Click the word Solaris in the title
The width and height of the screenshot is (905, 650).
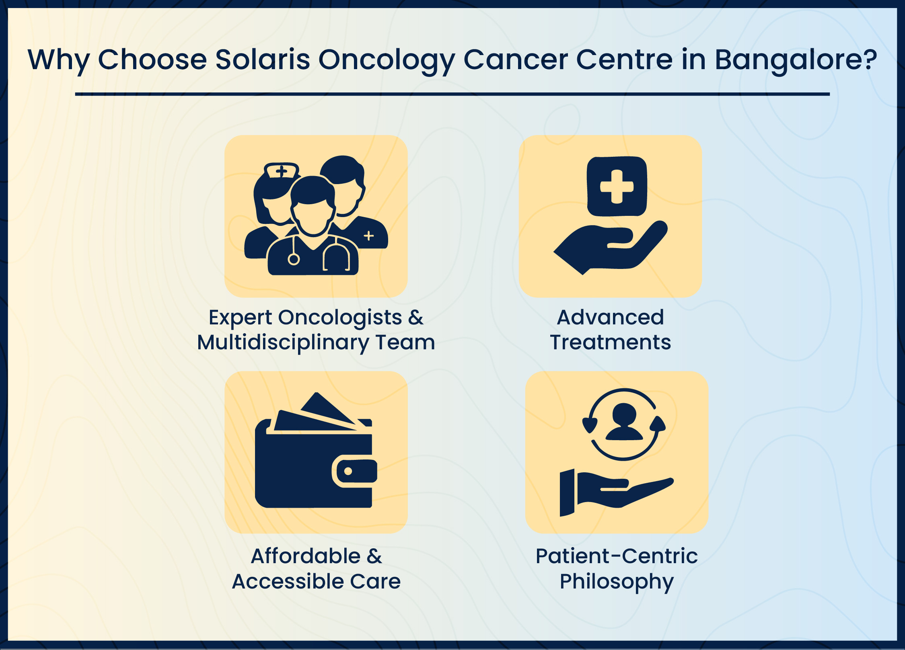click(x=263, y=59)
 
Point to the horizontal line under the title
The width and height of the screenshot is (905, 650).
click(x=452, y=94)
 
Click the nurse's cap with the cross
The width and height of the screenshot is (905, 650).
click(x=282, y=170)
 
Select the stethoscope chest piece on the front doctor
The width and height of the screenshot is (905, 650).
click(x=294, y=259)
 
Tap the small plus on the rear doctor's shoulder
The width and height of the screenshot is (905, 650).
click(x=369, y=236)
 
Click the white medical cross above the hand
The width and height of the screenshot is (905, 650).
click(x=617, y=187)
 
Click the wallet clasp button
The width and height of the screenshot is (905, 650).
click(x=348, y=471)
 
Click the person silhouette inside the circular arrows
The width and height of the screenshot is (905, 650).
click(x=624, y=422)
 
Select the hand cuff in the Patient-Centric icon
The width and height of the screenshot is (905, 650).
click(x=567, y=492)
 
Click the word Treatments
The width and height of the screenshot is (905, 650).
click(x=610, y=342)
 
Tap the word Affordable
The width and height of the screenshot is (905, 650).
click(x=306, y=556)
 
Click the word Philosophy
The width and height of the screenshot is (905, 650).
click(x=617, y=582)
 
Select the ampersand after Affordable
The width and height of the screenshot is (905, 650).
click(x=374, y=557)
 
